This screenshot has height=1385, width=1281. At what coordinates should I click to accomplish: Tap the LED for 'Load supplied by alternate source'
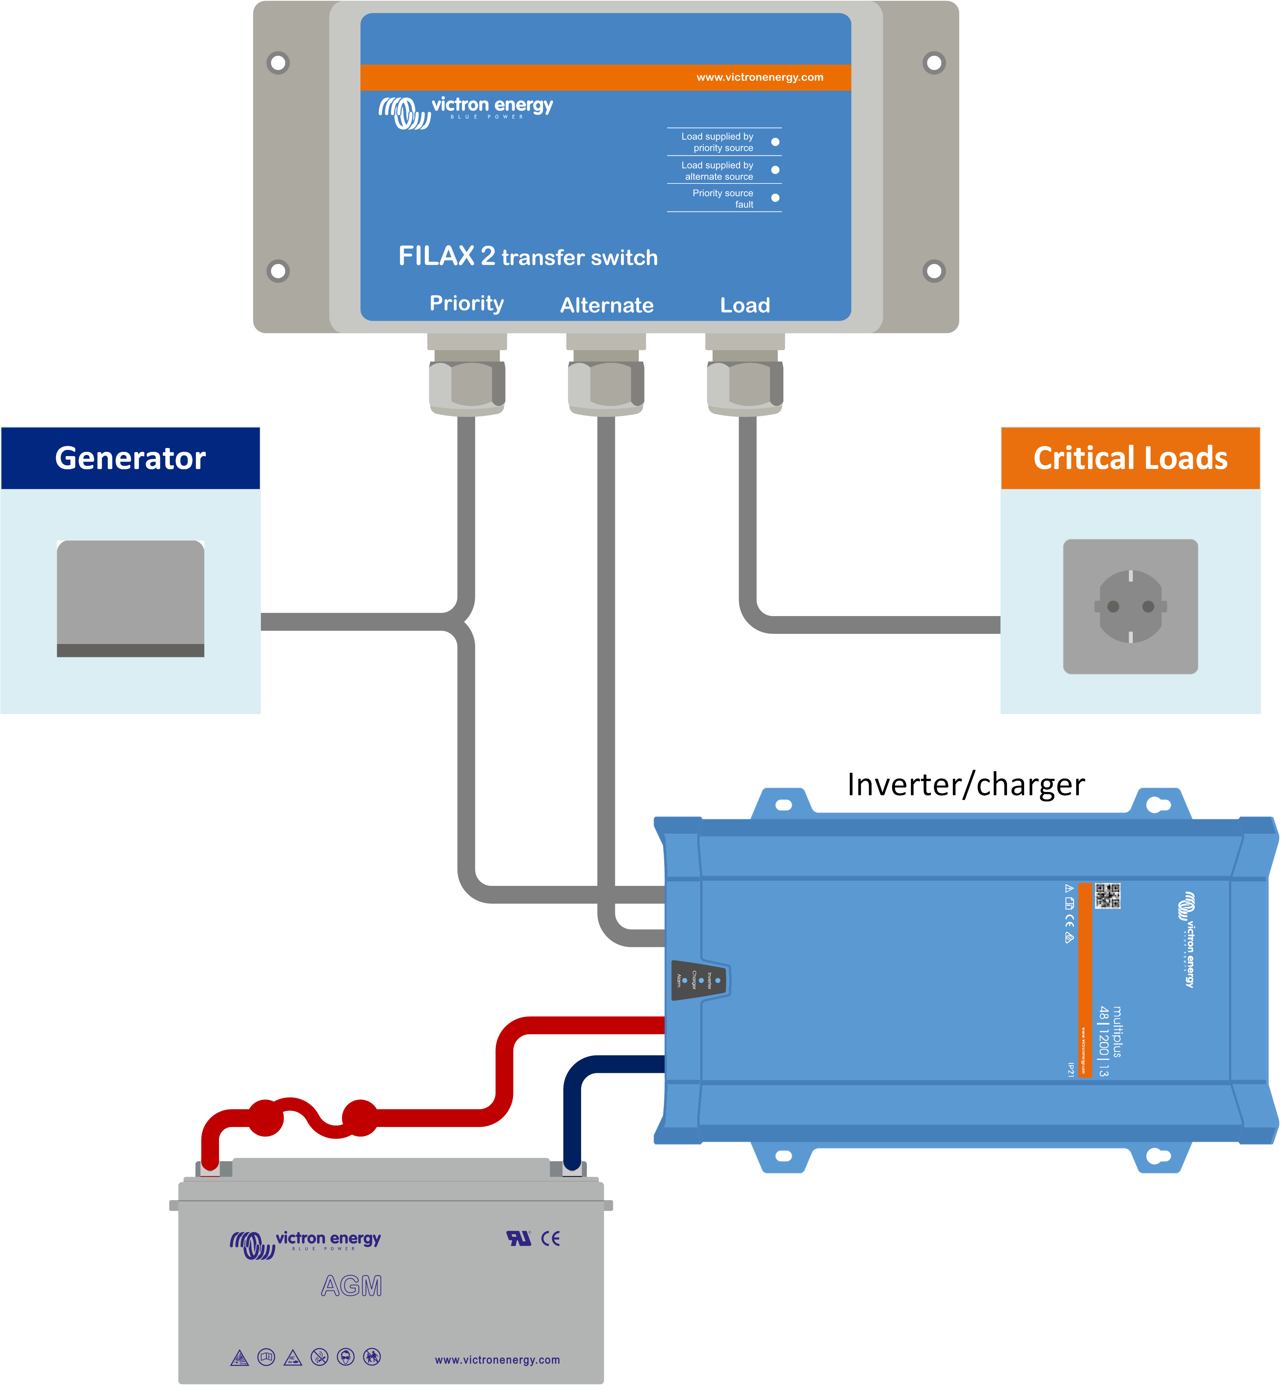coord(775,170)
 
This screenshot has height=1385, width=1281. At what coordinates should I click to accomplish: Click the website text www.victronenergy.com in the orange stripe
coord(760,77)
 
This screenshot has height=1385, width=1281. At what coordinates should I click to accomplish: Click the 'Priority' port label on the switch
coord(466,304)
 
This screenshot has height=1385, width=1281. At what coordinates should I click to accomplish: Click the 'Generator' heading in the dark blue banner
coord(130,458)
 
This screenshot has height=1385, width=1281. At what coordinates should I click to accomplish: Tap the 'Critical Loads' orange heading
coord(1130,458)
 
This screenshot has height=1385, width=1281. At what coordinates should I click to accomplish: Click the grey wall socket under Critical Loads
coord(1130,606)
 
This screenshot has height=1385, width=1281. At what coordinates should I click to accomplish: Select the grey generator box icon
coord(130,598)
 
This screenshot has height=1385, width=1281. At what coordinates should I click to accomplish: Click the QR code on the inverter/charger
coord(1107,895)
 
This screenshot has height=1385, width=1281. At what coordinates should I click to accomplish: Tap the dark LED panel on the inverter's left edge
coord(699,980)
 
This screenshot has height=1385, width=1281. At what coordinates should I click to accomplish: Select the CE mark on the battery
coord(550,1239)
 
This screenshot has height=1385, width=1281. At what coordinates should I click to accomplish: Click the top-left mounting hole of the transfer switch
coord(278,63)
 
